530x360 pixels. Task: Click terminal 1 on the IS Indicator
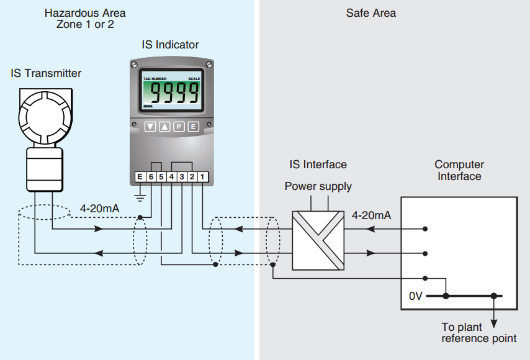(x=203, y=178)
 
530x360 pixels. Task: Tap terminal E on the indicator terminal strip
(x=140, y=178)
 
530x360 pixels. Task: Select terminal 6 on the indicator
(x=150, y=178)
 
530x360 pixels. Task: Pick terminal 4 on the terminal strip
(x=171, y=178)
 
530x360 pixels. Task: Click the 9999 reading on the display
(x=175, y=94)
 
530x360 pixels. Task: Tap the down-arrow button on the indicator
(x=150, y=127)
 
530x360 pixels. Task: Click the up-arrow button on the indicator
(x=164, y=127)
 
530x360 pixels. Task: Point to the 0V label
(x=416, y=297)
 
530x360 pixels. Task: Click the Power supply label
(x=318, y=186)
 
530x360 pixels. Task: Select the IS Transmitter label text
(x=46, y=73)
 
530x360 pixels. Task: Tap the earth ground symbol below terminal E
(x=140, y=197)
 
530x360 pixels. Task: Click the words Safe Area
(x=371, y=13)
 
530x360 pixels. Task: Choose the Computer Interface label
(x=459, y=170)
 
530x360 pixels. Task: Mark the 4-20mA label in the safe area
(x=371, y=215)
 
